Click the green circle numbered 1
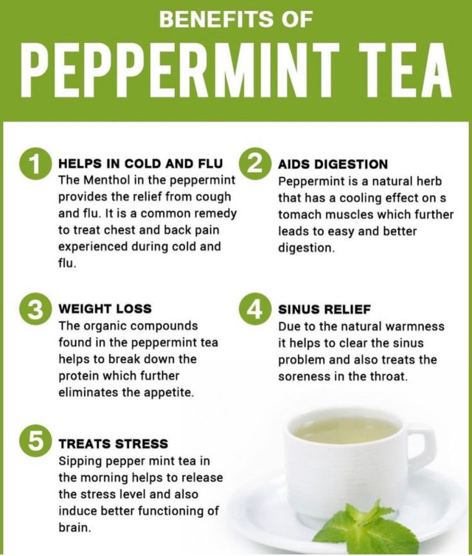click(34, 164)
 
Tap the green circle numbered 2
click(254, 164)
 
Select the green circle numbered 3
click(34, 309)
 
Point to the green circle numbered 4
click(254, 309)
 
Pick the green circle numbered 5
click(34, 444)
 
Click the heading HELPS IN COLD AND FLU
click(140, 164)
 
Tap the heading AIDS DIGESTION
click(333, 164)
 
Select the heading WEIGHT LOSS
click(105, 308)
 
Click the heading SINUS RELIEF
click(324, 309)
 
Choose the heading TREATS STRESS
click(113, 444)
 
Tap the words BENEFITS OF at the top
click(236, 19)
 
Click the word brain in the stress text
click(74, 528)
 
